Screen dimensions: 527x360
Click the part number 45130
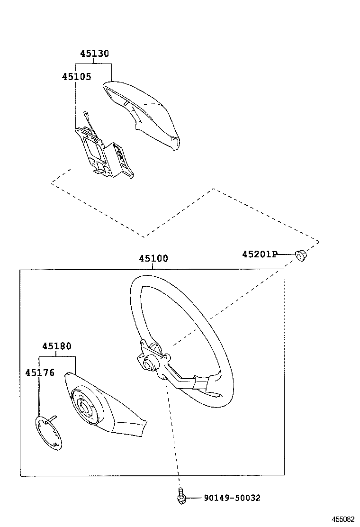pos(94,54)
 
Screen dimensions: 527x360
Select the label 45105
pos(76,76)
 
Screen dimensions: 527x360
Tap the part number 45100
pos(153,259)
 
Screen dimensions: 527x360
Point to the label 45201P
pos(259,254)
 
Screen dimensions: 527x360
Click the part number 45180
pos(56,346)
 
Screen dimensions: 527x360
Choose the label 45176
pos(40,373)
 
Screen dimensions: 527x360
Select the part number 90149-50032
pos(232,498)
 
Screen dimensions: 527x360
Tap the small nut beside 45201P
pos(300,255)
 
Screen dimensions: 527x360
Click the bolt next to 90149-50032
pos(180,495)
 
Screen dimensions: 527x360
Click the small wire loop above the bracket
pos(86,114)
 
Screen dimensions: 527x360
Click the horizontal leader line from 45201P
pos(286,255)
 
